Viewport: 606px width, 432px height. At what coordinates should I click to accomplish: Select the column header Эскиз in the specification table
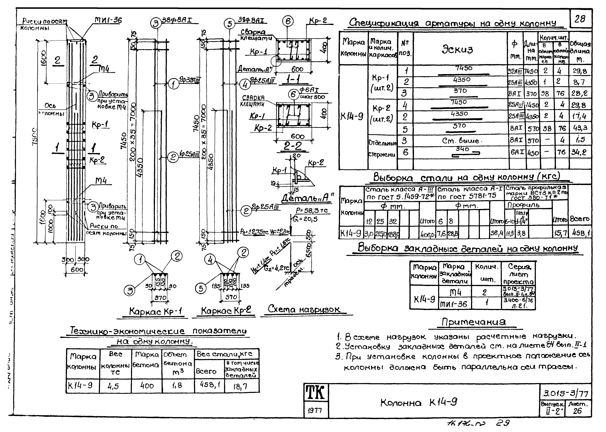[x=457, y=49]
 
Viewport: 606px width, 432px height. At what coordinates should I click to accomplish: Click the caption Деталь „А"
[x=308, y=198]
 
